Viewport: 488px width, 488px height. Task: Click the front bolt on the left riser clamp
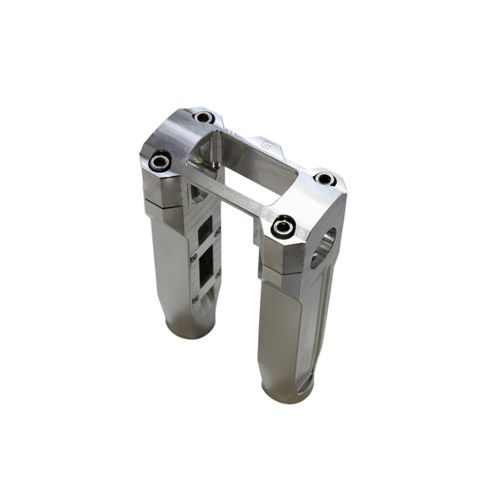(x=160, y=159)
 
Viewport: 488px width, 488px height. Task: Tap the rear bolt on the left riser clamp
(x=203, y=118)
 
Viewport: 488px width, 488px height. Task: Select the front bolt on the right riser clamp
(x=284, y=226)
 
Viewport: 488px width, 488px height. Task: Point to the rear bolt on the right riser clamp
(x=326, y=178)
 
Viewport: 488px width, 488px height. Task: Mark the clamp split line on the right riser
(x=286, y=271)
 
